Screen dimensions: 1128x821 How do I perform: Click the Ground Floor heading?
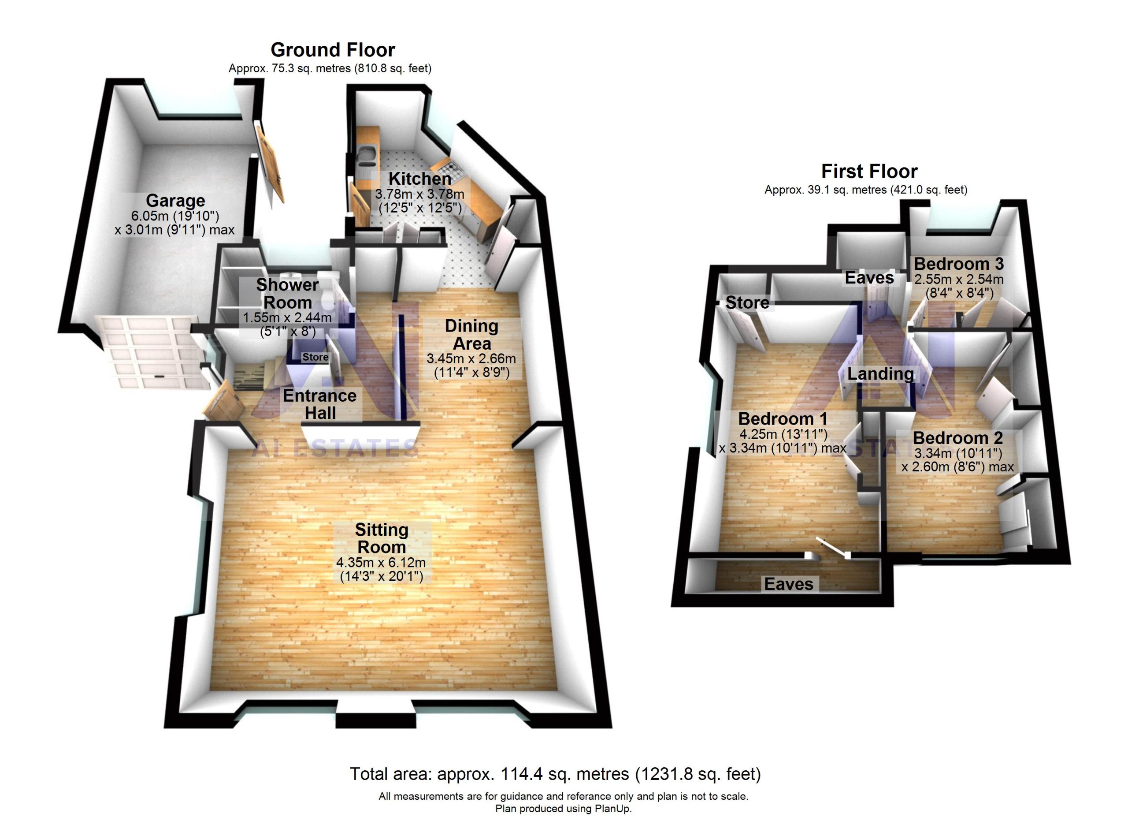point(333,50)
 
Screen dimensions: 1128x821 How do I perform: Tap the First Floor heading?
point(869,171)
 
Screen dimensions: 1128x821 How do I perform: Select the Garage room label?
point(175,201)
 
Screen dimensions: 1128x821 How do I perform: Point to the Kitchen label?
point(420,178)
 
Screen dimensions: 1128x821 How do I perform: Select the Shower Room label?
point(287,294)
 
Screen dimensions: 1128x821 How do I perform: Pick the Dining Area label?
point(471,334)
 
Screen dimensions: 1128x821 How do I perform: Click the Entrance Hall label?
point(320,404)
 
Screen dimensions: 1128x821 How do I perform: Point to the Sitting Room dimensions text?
point(381,570)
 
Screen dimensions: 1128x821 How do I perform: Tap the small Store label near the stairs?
point(315,357)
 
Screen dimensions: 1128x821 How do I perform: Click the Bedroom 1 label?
point(783,418)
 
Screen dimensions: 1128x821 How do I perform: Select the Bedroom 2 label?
point(957,438)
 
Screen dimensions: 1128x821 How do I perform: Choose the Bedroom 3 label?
point(958,264)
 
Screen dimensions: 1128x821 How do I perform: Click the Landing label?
point(880,373)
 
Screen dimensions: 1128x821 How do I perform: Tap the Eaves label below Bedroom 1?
point(788,584)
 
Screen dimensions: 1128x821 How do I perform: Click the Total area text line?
point(555,774)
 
